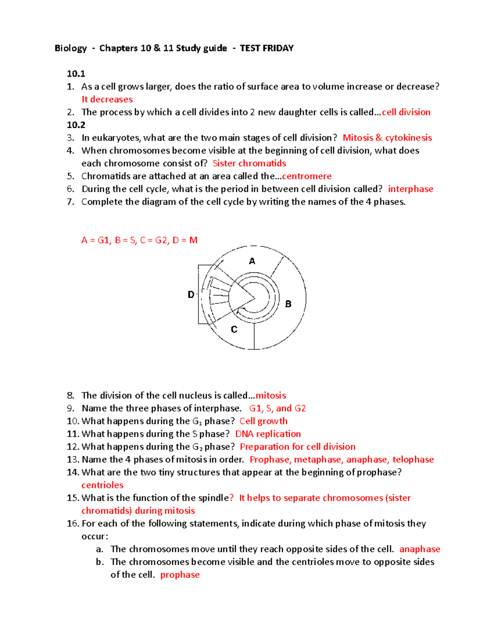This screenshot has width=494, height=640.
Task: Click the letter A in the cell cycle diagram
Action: click(252, 261)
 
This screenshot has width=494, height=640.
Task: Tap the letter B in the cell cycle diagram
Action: click(288, 304)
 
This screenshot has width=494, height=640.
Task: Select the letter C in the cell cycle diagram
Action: click(234, 329)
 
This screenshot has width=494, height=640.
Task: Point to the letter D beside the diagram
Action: click(191, 294)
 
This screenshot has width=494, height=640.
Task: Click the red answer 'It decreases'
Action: click(107, 99)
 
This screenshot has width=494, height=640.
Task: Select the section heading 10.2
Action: click(76, 125)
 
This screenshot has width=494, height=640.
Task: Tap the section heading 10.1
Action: click(76, 74)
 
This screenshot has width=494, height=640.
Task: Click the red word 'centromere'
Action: click(307, 176)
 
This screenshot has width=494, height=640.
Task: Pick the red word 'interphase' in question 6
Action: click(410, 189)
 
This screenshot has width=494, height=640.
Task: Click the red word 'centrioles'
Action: click(103, 485)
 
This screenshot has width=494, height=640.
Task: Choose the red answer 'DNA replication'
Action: click(268, 434)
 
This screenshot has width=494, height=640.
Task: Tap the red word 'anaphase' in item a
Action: click(419, 549)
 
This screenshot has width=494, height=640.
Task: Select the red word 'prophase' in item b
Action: click(180, 575)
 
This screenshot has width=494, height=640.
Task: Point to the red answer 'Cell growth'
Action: click(263, 421)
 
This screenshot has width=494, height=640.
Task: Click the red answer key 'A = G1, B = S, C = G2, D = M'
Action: click(140, 240)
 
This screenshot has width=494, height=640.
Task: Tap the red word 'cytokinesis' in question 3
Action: click(408, 138)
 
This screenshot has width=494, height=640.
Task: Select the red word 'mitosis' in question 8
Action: click(271, 396)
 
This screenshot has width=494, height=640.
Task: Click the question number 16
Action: click(72, 523)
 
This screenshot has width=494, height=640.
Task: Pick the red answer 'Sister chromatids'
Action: click(249, 164)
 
